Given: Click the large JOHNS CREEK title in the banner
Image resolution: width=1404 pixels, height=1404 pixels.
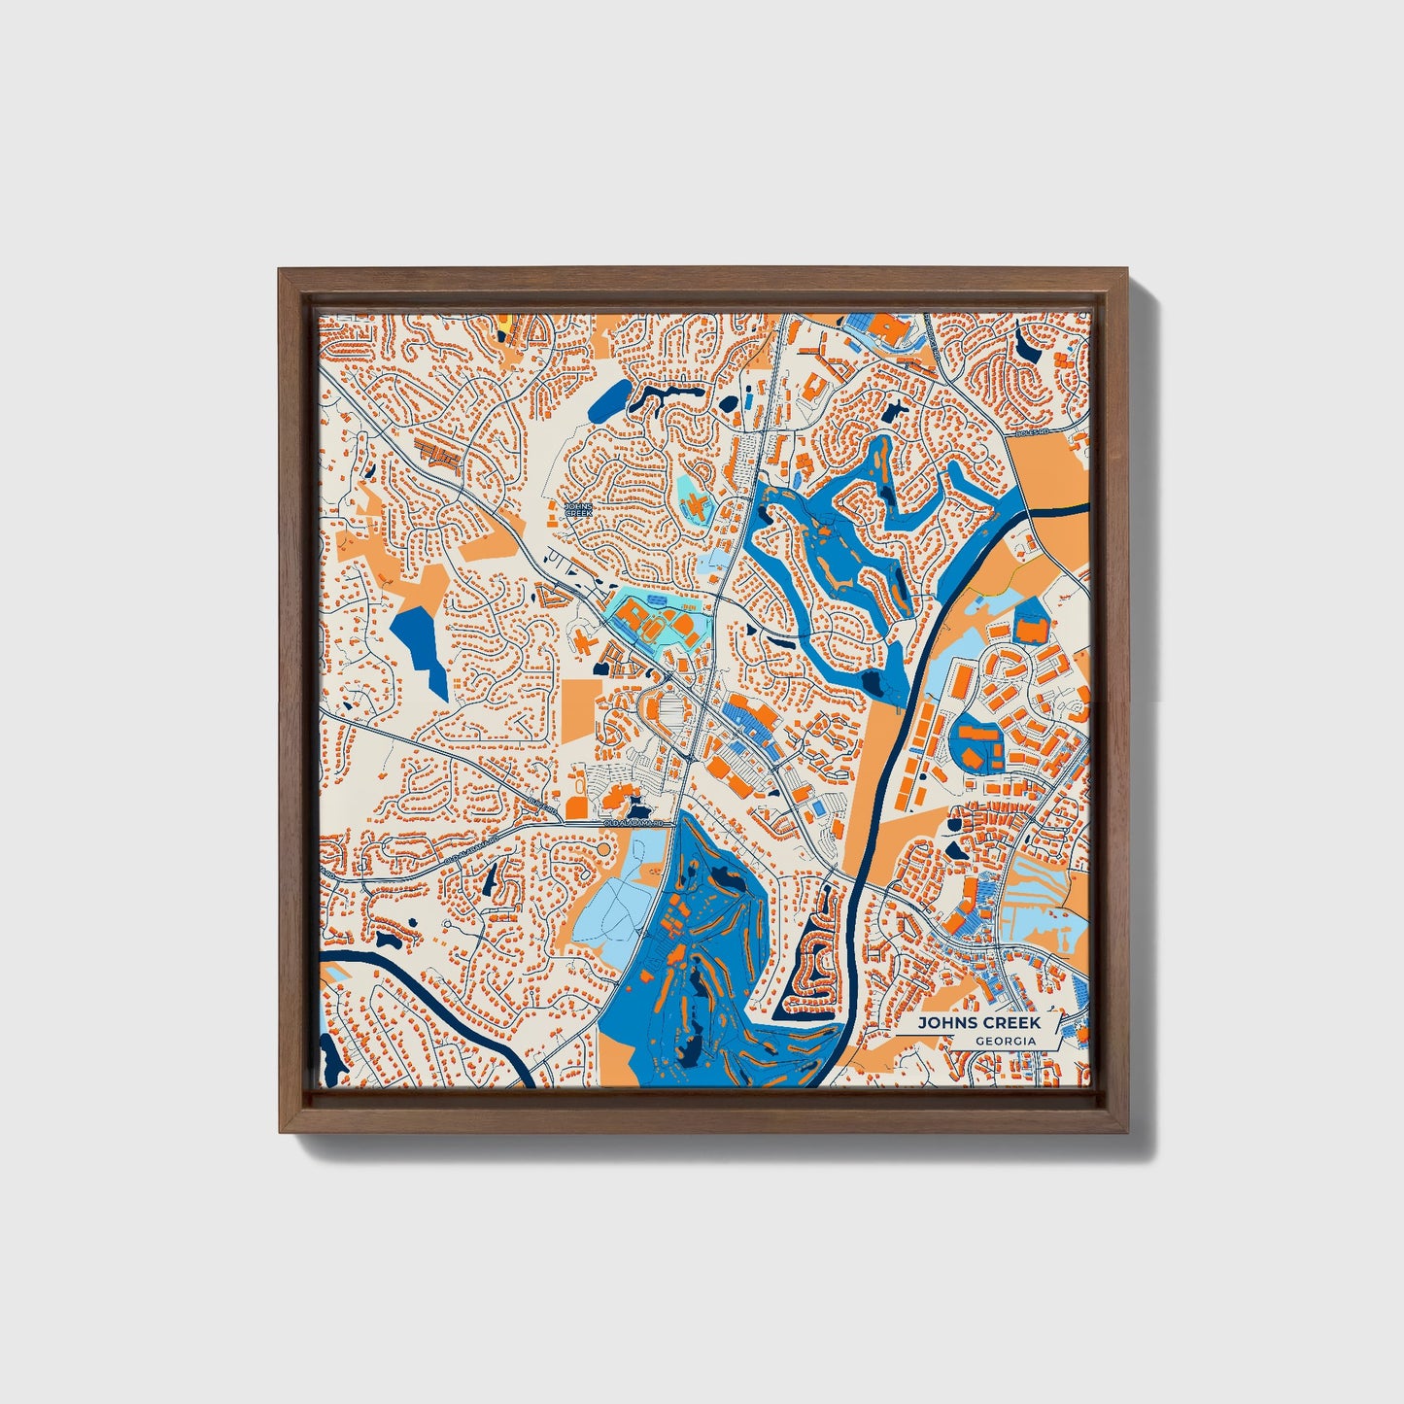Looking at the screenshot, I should pos(978,1022).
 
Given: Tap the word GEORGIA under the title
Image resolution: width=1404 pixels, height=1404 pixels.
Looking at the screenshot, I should pos(1006,1041).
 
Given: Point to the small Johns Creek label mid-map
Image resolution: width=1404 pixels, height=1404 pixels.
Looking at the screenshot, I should pos(578,509).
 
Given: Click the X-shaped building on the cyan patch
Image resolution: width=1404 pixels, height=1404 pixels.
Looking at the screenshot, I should pos(698,505).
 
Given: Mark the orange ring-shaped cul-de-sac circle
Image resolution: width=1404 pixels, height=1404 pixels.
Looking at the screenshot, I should pos(606,849).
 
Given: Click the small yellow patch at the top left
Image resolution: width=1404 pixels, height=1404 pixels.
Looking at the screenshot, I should pos(504,320).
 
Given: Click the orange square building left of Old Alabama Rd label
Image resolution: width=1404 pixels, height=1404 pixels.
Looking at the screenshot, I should pos(576,806).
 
